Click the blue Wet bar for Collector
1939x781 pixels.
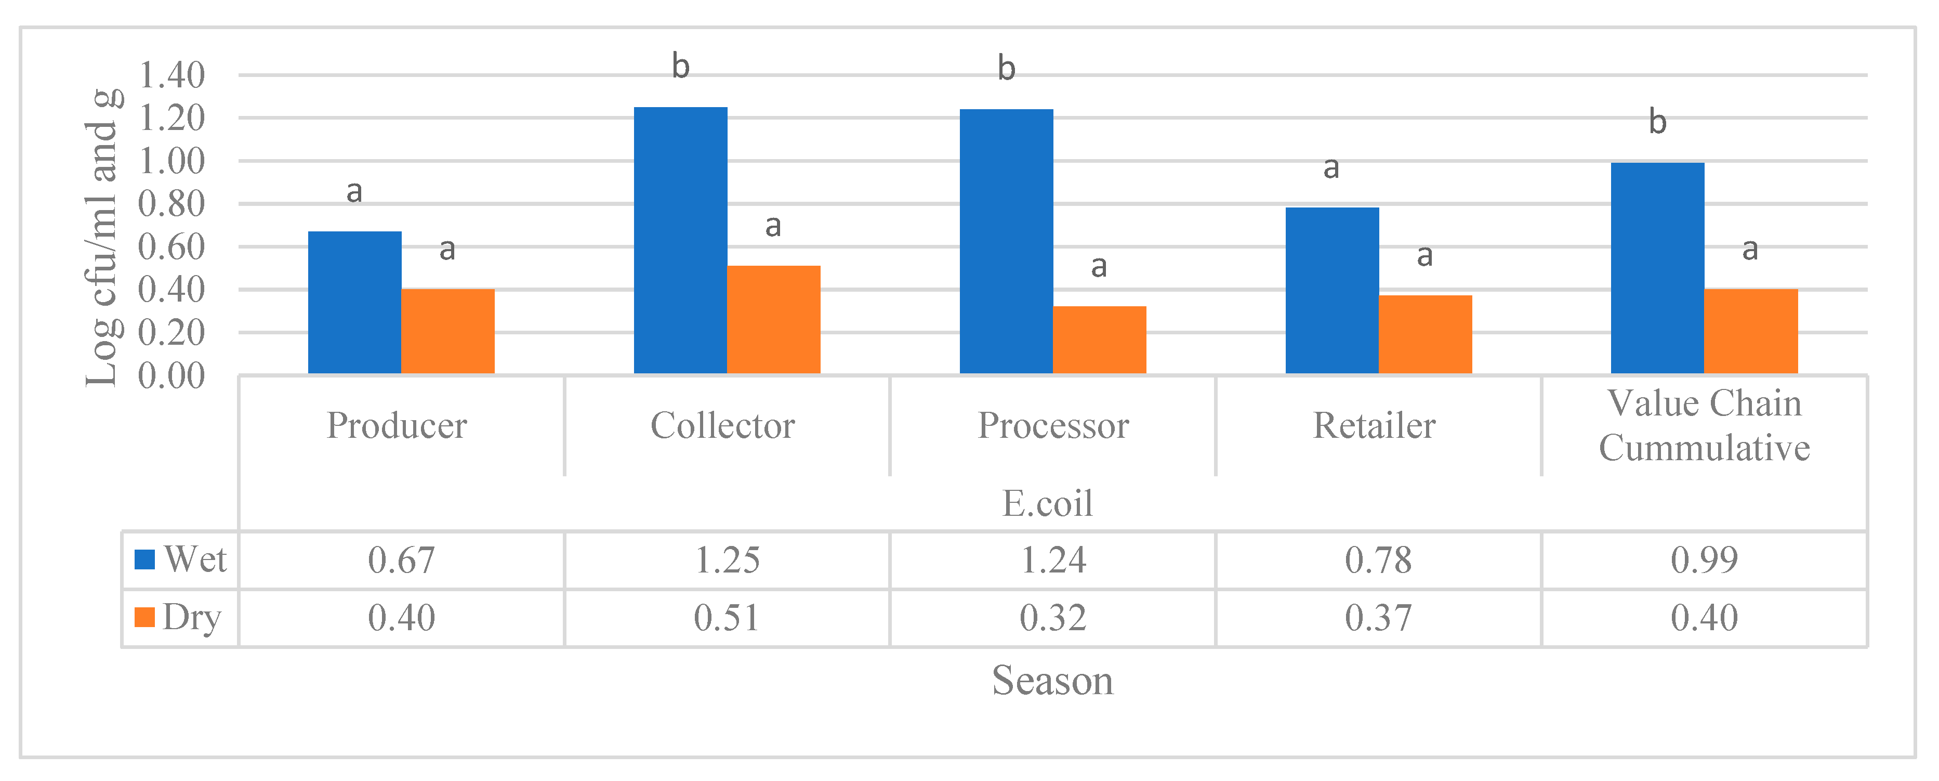coord(680,241)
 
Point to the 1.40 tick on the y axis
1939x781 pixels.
coord(172,75)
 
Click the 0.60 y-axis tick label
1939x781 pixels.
coord(172,247)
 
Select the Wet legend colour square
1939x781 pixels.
coord(144,559)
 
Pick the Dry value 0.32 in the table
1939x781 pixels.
coord(1052,618)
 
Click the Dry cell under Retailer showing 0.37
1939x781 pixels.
coord(1378,618)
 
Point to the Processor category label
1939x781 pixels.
coord(1052,425)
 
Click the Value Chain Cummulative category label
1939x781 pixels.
coord(1704,425)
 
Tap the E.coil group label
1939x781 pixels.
coord(1047,503)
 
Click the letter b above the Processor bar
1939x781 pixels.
coord(1006,69)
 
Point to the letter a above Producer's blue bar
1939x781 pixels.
coord(354,191)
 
